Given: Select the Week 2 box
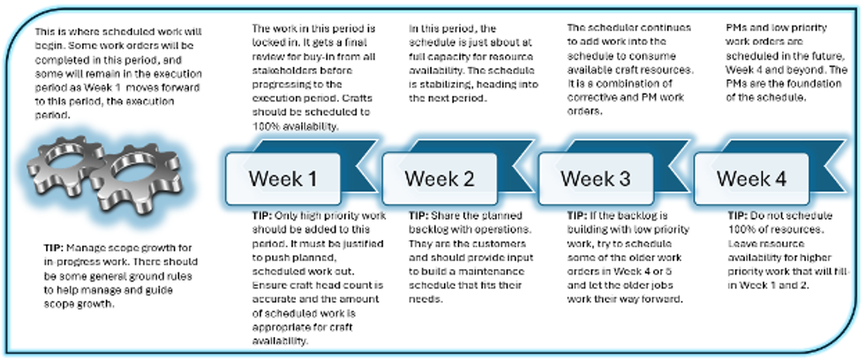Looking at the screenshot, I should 439,178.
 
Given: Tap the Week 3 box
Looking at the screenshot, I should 595,178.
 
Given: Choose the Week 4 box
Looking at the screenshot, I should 751,178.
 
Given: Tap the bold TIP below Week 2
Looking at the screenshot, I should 419,216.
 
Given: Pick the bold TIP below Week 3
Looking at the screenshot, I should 575,216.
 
